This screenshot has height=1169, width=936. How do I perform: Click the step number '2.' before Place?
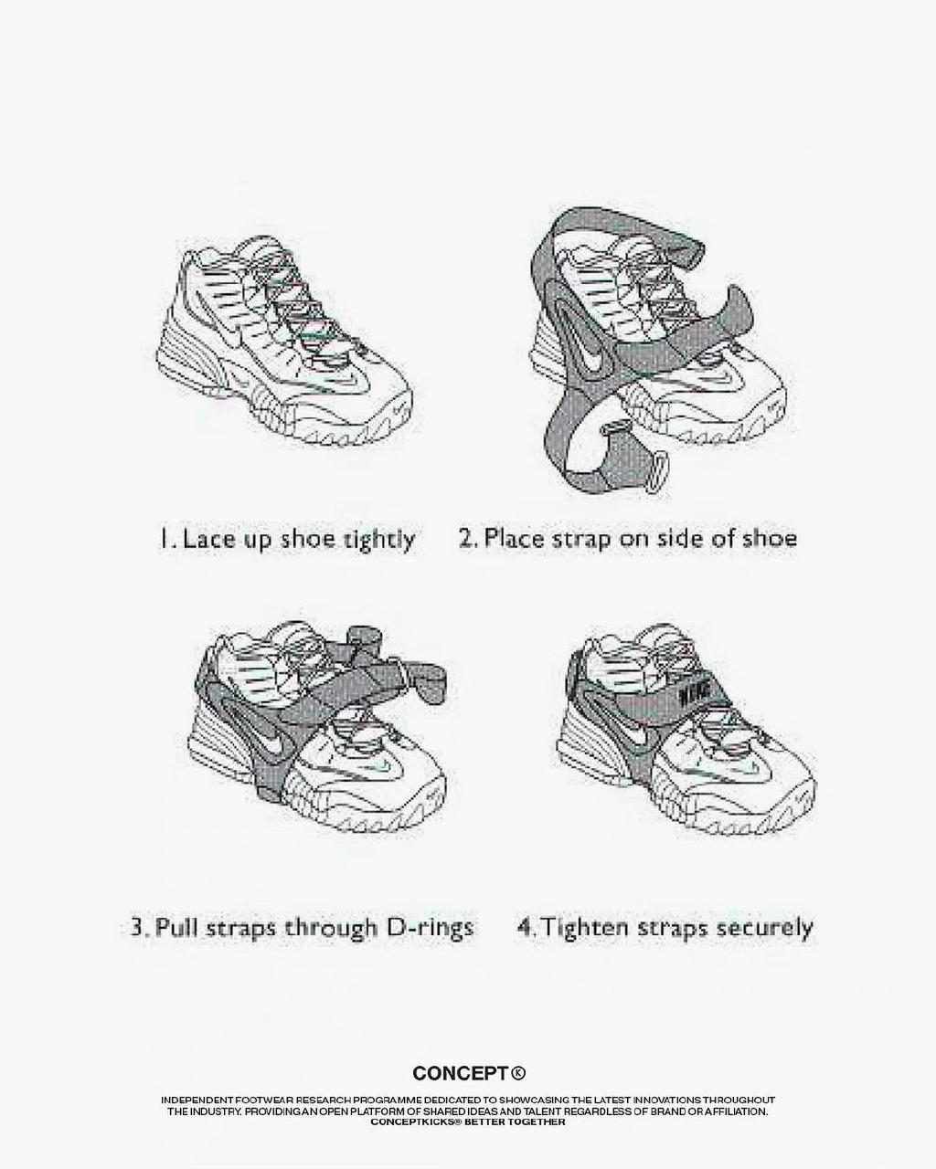click(x=469, y=540)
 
